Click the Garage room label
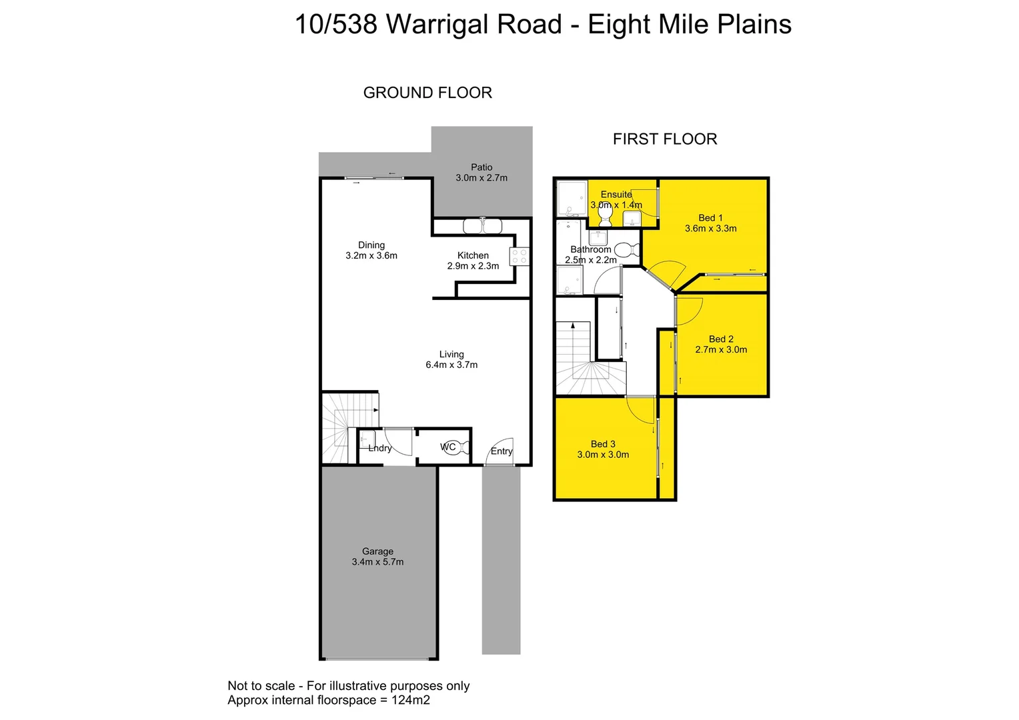point(377,551)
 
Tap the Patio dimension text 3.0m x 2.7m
point(481,178)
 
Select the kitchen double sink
point(482,227)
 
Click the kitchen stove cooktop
point(520,257)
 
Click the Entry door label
point(501,451)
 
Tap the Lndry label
point(380,448)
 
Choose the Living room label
point(451,354)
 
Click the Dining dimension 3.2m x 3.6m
point(371,255)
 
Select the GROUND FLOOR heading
point(427,93)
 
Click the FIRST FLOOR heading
point(665,139)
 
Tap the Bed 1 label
point(710,217)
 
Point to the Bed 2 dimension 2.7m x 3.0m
point(721,349)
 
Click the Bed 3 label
point(603,444)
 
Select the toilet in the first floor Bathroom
point(626,250)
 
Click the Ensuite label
point(616,194)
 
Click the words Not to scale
point(261,685)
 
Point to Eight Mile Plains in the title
point(690,25)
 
